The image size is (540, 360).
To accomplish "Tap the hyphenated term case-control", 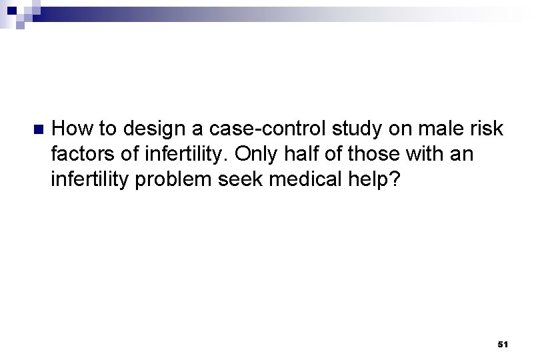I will [242, 128].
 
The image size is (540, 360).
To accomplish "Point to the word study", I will [330, 128].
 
